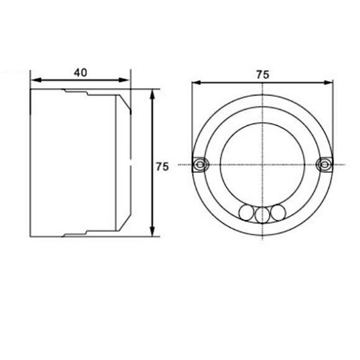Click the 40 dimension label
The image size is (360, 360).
click(80, 72)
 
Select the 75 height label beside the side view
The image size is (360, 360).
click(162, 167)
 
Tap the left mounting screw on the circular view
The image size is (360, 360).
click(199, 165)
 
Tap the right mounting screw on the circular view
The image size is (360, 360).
click(324, 165)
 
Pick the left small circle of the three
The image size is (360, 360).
click(247, 213)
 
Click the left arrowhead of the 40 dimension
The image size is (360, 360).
click(35, 80)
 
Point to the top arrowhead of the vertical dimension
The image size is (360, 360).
click(152, 93)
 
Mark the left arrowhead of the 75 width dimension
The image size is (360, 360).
click(196, 83)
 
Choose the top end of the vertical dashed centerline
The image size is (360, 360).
click(264, 84)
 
